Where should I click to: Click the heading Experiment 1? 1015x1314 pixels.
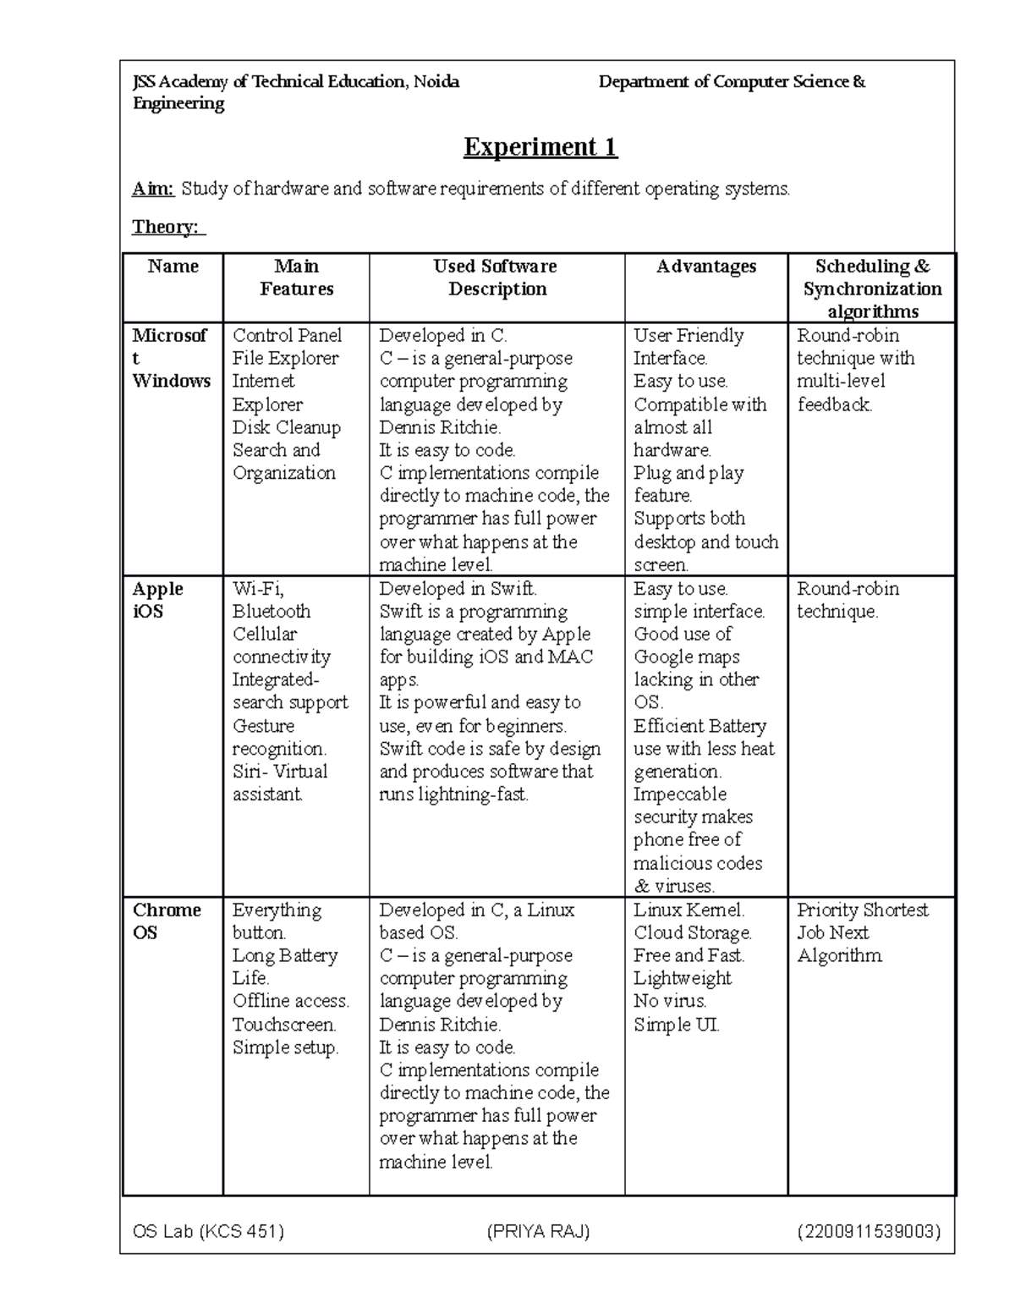pyautogui.click(x=540, y=147)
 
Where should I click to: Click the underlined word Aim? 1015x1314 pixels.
pyautogui.click(x=153, y=189)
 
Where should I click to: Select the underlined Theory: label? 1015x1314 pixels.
pyautogui.click(x=167, y=227)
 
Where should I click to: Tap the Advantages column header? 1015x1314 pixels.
pyautogui.click(x=706, y=267)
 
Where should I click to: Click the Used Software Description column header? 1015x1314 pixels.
pyautogui.click(x=496, y=278)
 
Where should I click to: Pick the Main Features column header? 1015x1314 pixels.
pyautogui.click(x=296, y=278)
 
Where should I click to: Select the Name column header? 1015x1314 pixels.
pyautogui.click(x=173, y=267)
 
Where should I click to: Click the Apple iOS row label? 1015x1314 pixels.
pyautogui.click(x=157, y=600)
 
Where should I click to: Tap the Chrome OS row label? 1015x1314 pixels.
pyautogui.click(x=166, y=921)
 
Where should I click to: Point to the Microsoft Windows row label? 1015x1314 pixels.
pyautogui.click(x=171, y=358)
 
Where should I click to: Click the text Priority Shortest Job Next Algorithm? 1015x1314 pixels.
pyautogui.click(x=861, y=932)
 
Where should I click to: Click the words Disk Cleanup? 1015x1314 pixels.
pyautogui.click(x=286, y=427)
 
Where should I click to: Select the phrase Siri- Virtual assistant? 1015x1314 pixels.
pyautogui.click(x=279, y=783)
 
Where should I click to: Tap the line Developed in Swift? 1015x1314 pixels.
pyautogui.click(x=458, y=589)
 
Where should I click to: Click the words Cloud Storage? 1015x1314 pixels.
pyautogui.click(x=692, y=932)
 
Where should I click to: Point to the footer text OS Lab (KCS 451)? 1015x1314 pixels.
pyautogui.click(x=208, y=1231)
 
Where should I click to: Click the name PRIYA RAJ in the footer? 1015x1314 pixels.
pyautogui.click(x=538, y=1231)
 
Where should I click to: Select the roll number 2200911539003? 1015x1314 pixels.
pyautogui.click(x=869, y=1231)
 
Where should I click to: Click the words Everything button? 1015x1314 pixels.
pyautogui.click(x=277, y=921)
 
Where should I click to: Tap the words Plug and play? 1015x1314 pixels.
pyautogui.click(x=689, y=473)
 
